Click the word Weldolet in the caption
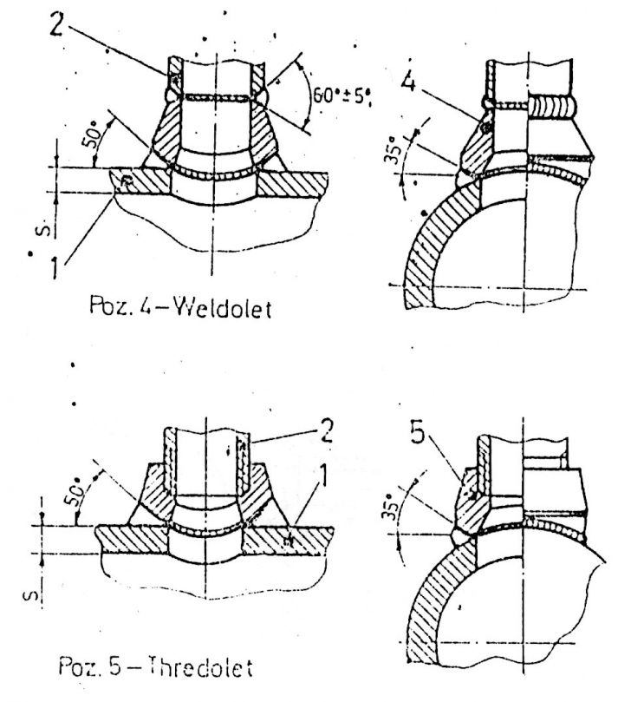(x=222, y=308)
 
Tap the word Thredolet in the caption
(x=200, y=666)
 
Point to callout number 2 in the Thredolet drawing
(x=327, y=430)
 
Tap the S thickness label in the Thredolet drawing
(x=29, y=595)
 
